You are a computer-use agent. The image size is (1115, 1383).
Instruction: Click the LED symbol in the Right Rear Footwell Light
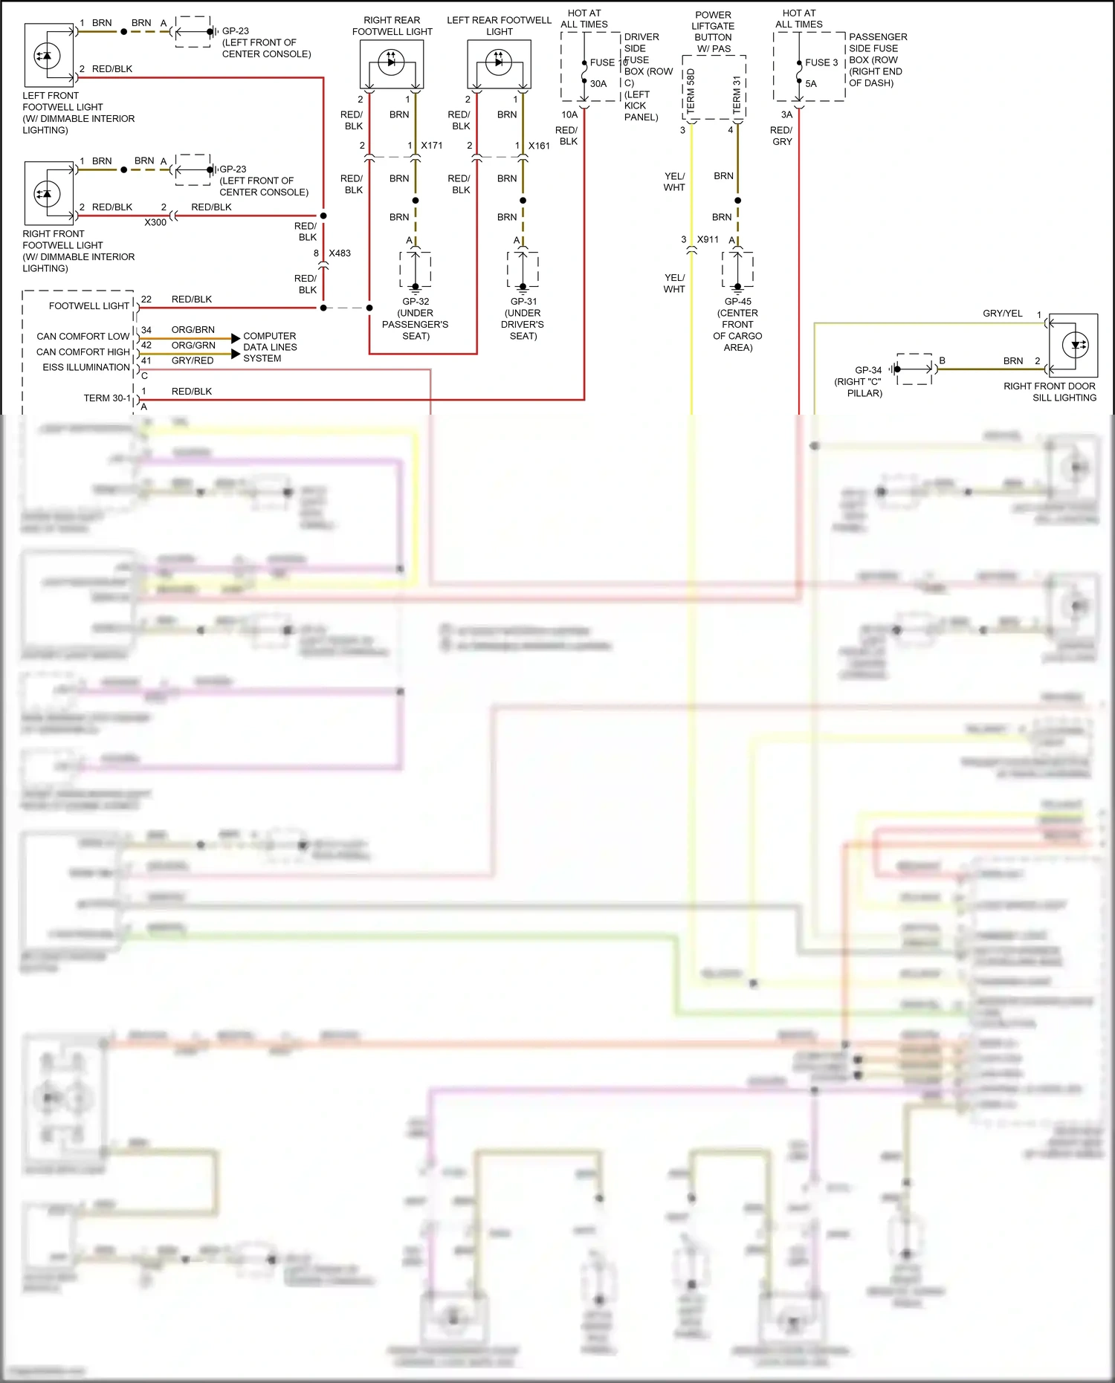392,62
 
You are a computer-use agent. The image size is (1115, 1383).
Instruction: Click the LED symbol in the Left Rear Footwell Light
499,62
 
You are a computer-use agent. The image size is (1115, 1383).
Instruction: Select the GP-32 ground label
416,302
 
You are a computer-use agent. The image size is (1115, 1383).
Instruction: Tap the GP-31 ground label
523,302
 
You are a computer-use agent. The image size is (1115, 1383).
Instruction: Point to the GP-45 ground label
737,302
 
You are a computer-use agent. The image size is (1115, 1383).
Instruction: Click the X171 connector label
431,146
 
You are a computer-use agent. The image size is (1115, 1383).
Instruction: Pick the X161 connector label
539,146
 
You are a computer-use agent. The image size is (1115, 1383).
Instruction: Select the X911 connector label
708,239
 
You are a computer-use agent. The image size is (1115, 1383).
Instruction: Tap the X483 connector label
340,253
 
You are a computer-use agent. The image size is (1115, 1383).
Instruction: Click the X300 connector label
155,222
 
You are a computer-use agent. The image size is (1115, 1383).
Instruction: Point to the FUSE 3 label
821,62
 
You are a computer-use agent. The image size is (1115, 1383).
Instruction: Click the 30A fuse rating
598,84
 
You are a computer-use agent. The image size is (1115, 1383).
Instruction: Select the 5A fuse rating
811,84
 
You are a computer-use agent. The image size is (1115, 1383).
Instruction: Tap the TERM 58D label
691,91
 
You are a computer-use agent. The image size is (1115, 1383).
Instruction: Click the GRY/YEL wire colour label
1003,314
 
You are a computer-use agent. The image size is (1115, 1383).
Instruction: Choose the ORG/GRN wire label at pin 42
193,346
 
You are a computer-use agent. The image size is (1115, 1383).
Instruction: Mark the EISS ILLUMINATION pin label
86,367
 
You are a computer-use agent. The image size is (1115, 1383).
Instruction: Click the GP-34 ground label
868,370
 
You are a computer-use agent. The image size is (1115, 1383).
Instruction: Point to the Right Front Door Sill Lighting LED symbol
1076,345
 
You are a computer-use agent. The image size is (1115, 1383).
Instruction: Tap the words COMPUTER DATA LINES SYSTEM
270,347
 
